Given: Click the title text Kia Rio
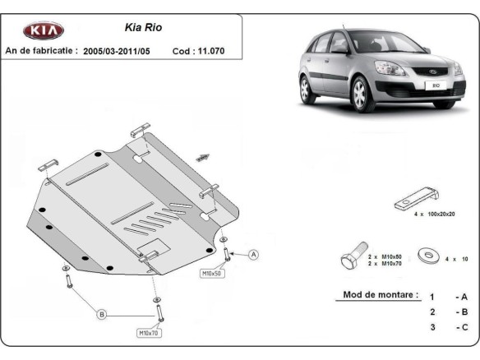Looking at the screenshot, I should tap(143, 27).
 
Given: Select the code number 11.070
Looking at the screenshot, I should tap(208, 50).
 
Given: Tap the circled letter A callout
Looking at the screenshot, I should tap(254, 255).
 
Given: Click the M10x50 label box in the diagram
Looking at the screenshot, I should tap(212, 272).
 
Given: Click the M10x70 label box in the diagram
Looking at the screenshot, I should tap(149, 332).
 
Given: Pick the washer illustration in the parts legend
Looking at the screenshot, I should tap(427, 256).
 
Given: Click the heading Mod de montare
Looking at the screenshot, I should tap(376, 295).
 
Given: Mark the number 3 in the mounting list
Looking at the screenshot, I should tap(432, 328).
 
